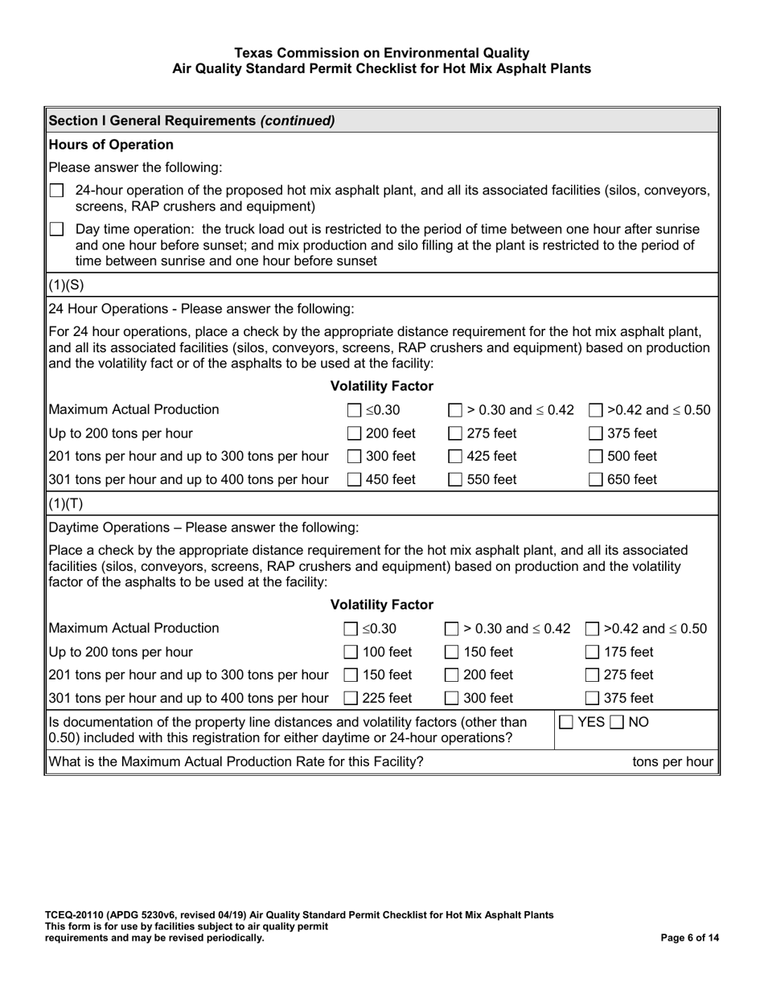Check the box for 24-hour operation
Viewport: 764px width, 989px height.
point(56,191)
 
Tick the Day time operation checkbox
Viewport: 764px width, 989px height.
point(56,229)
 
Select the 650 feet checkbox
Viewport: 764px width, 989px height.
point(596,480)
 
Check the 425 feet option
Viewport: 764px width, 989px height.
point(455,457)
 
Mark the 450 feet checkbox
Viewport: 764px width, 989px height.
point(354,480)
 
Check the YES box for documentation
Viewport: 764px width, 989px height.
point(566,722)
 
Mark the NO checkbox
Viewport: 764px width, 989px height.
point(618,722)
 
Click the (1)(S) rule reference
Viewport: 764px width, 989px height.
point(66,285)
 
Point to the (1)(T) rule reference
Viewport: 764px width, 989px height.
point(66,504)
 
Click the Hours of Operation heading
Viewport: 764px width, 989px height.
point(111,145)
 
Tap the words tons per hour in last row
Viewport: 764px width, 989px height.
point(672,761)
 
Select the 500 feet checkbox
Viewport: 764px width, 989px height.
point(596,457)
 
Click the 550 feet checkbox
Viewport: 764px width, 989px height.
point(455,480)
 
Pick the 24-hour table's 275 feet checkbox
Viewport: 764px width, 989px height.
point(455,434)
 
